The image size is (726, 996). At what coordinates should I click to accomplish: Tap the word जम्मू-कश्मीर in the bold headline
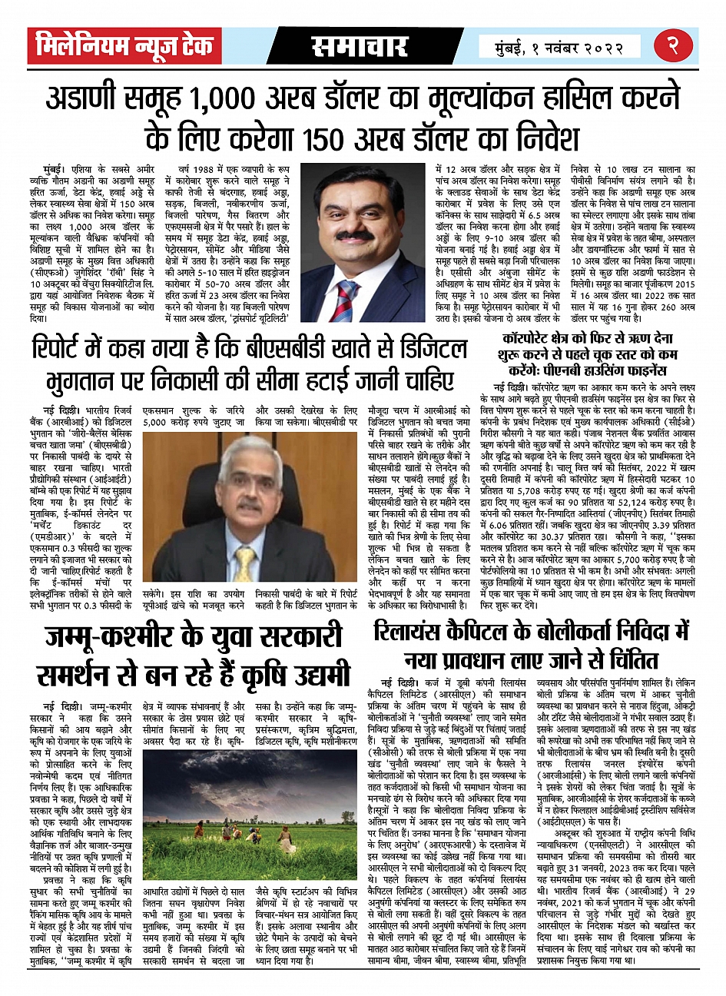pos(108,637)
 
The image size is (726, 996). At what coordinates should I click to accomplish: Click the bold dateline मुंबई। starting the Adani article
pos(55,167)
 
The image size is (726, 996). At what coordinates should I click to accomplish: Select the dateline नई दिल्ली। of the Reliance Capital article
pos(397,681)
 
